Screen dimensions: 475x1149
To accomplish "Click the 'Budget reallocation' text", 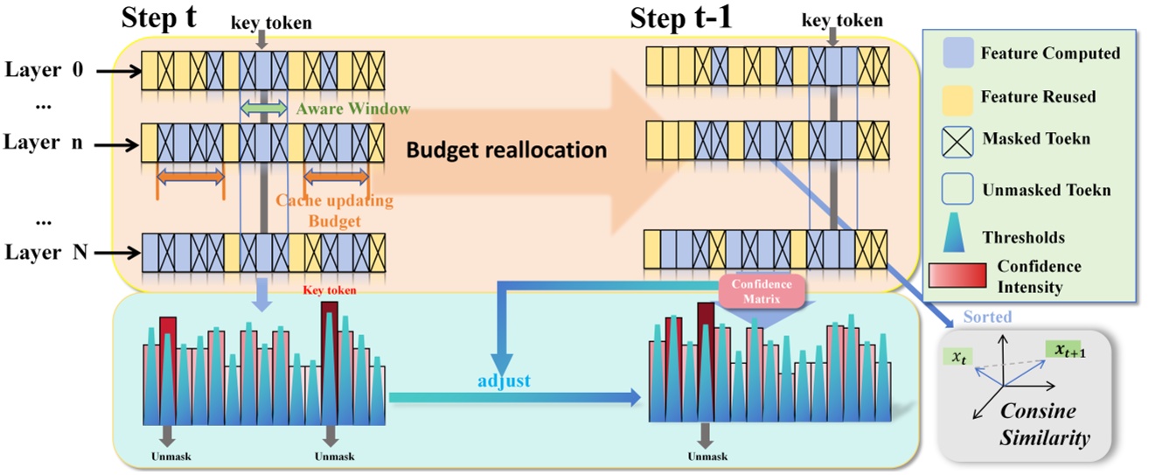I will click(506, 150).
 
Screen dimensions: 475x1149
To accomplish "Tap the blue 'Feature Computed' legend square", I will click(954, 53).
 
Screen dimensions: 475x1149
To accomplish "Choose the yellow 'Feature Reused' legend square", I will click(954, 95).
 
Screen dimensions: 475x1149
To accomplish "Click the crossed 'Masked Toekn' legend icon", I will click(954, 138).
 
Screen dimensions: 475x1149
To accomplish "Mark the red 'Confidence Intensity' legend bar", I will click(955, 276).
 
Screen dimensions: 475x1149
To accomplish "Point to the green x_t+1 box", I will click(1062, 349).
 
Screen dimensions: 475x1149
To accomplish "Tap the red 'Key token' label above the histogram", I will click(329, 291).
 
